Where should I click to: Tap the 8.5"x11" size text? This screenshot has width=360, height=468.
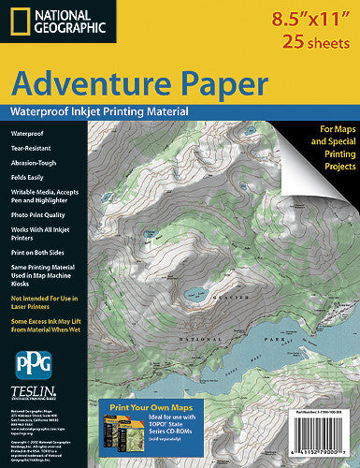306,18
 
